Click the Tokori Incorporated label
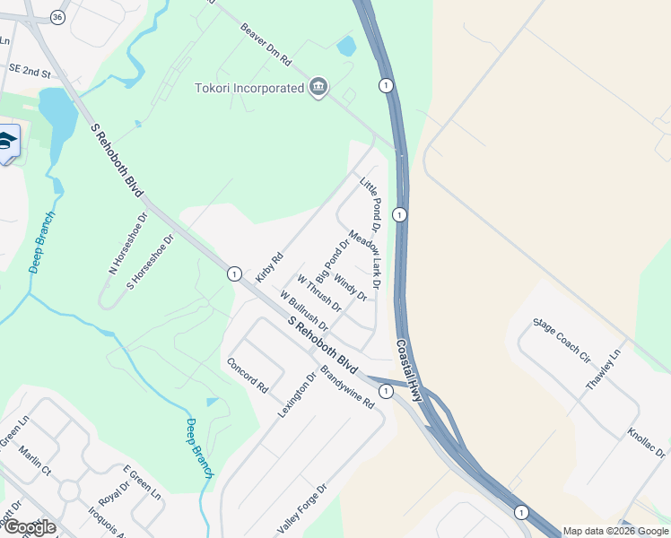249,88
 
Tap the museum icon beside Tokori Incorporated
318,87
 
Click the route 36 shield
58,18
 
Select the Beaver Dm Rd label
266,46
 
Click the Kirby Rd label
269,267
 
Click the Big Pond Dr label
332,260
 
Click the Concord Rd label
248,377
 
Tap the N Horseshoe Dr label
127,244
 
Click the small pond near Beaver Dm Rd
345,46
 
